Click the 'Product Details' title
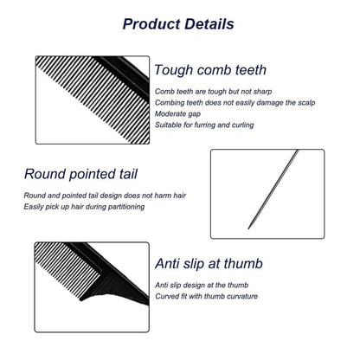[x=178, y=24]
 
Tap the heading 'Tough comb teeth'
[x=210, y=70]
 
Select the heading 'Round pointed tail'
[x=80, y=175]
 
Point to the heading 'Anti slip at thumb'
[x=209, y=264]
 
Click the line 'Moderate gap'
[x=177, y=114]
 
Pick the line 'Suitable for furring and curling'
[x=204, y=125]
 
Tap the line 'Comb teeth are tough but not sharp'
[x=213, y=92]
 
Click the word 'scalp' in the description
[x=305, y=103]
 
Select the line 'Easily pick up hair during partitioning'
[x=84, y=207]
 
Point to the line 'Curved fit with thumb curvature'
[x=206, y=296]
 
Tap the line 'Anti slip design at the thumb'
[x=202, y=286]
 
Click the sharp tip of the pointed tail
[x=248, y=229]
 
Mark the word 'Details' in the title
[x=209, y=24]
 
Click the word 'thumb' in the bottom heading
[x=243, y=264]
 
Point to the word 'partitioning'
[x=126, y=207]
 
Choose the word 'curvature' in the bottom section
[x=242, y=296]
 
